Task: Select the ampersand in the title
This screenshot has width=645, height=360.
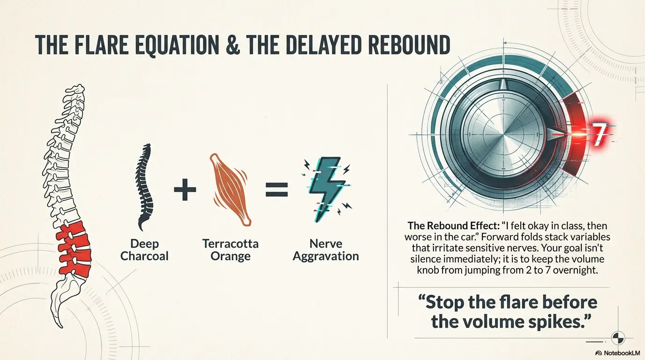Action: (231, 45)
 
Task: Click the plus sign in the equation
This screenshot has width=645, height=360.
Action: (185, 189)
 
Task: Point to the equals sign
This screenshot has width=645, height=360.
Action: (277, 189)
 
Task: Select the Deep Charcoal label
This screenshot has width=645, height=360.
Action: (144, 250)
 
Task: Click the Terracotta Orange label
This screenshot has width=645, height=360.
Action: (230, 250)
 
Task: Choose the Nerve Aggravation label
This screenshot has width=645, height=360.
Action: (326, 250)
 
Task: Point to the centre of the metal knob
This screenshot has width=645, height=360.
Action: (504, 135)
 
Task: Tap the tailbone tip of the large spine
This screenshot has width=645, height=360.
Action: (61, 327)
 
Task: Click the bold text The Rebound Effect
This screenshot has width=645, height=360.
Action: (454, 225)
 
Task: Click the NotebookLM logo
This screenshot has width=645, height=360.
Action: (618, 353)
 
